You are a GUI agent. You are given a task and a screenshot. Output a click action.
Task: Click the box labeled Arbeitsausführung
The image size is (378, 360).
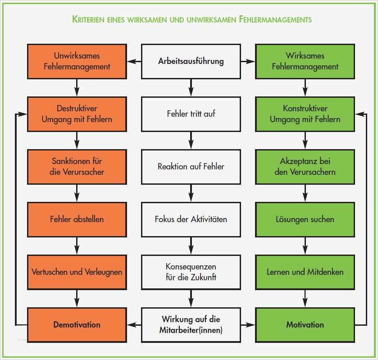coord(191,61)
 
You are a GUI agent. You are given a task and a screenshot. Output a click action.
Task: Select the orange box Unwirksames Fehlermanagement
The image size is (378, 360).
coord(77,61)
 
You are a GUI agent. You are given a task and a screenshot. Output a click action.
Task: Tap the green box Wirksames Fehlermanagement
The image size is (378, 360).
coord(305,61)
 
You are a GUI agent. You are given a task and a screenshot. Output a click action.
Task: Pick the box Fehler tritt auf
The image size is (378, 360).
coord(191,114)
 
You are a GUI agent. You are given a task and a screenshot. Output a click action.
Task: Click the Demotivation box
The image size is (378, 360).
coord(77,324)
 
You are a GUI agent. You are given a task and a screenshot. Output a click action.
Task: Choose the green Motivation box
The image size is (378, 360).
coord(305,324)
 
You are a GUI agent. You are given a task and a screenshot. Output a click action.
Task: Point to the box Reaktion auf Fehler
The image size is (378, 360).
coord(191,166)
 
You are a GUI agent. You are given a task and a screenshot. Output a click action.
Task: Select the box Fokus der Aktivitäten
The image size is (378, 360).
coord(191,219)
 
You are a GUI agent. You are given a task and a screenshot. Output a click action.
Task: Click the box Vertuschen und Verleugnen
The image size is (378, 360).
coord(77,272)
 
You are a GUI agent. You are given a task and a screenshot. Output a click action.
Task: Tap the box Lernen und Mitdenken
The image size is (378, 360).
coord(305,272)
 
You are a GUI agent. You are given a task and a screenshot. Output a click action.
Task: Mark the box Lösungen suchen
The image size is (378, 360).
coord(305,219)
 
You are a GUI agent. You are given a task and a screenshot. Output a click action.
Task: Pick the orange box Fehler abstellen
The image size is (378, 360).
coord(77,219)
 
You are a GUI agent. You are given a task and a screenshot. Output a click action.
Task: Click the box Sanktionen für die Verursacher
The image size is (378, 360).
coord(77,166)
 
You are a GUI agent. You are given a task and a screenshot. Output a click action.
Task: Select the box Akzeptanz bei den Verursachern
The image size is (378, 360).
coord(305,166)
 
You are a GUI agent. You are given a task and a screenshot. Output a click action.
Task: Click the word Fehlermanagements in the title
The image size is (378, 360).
coord(276,19)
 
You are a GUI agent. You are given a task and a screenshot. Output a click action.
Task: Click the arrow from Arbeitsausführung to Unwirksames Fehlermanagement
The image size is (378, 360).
coord(134,61)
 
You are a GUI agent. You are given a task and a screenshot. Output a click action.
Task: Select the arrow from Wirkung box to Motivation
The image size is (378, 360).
coord(248,324)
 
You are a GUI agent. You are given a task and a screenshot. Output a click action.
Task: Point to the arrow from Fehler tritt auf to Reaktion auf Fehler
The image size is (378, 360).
coord(191,140)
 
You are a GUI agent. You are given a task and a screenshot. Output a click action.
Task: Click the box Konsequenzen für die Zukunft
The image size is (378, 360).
coord(191,272)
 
